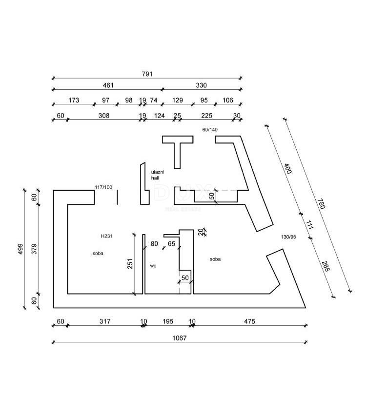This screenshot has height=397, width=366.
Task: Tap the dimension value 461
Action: pos(108,85)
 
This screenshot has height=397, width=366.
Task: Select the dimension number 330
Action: pos(201,85)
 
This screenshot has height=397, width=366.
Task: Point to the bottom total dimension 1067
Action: pos(179,337)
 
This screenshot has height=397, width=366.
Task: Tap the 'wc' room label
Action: pos(153,266)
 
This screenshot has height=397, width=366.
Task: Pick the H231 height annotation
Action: pos(107,236)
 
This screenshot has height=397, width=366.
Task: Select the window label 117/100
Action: pos(103,187)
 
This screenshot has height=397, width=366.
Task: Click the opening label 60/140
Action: pos(210,130)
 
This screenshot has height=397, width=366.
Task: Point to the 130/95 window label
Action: pos(289,237)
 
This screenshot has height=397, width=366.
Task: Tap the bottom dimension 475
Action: pos(249,321)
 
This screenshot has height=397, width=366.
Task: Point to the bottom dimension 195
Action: pos(167,321)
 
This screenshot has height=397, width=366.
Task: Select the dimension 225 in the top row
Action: pos(206,116)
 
